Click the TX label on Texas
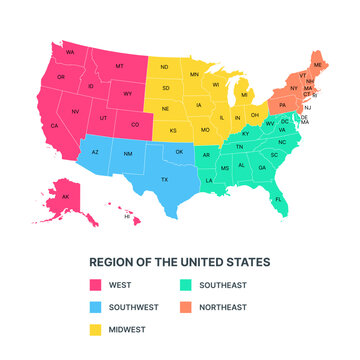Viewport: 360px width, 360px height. (164, 179)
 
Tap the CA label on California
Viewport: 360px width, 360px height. (55, 126)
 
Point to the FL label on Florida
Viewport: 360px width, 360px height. (277, 199)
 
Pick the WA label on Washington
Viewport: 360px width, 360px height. (70, 51)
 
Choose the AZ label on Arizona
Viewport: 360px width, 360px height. (95, 153)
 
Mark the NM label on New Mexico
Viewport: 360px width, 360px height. (128, 156)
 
